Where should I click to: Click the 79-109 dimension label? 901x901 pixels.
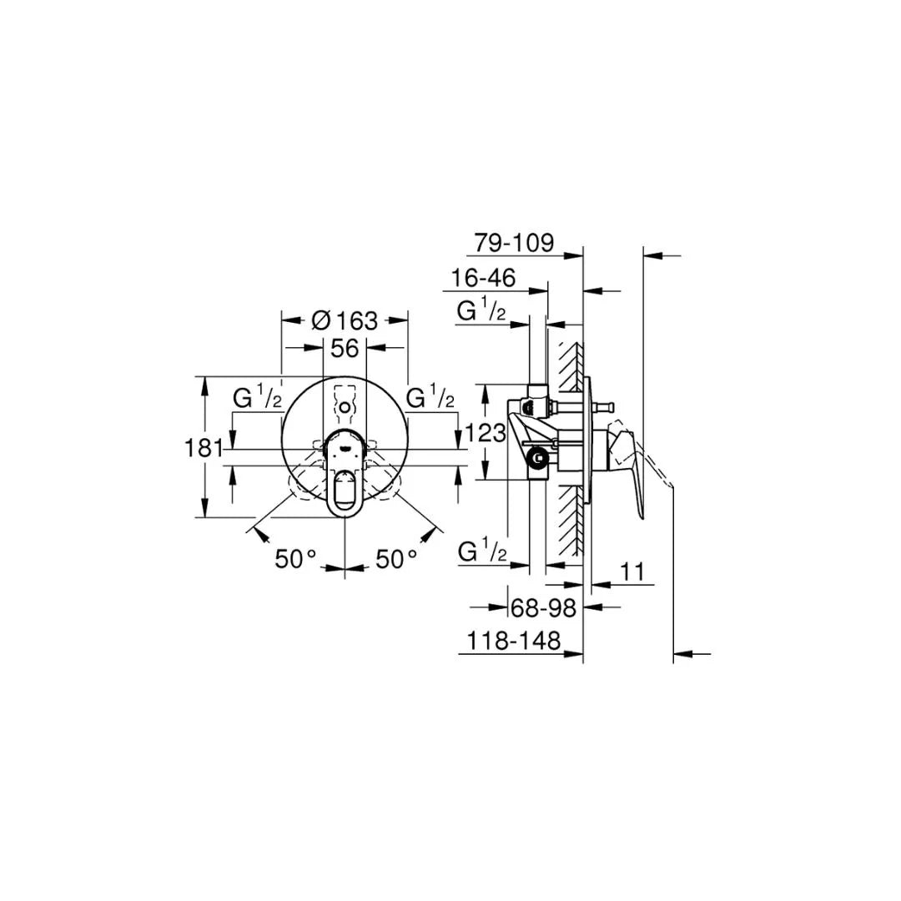[x=513, y=243]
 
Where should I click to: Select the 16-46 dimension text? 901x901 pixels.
[x=483, y=278]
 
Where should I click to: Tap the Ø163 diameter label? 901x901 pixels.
[x=345, y=320]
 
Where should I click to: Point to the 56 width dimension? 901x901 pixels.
[x=345, y=348]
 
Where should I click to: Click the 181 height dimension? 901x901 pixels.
[x=204, y=447]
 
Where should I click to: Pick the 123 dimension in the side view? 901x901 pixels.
[x=486, y=432]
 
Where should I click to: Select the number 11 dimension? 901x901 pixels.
[x=634, y=572]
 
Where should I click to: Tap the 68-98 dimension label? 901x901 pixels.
[x=543, y=608]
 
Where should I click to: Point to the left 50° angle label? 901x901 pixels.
[x=296, y=558]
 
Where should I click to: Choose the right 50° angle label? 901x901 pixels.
[x=395, y=558]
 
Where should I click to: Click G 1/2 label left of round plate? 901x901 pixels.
[x=257, y=399]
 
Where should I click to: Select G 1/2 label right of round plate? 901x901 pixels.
[x=430, y=399]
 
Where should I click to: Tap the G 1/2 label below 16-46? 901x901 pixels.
[x=481, y=312]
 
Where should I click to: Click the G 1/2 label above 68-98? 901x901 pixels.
[x=482, y=552]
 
